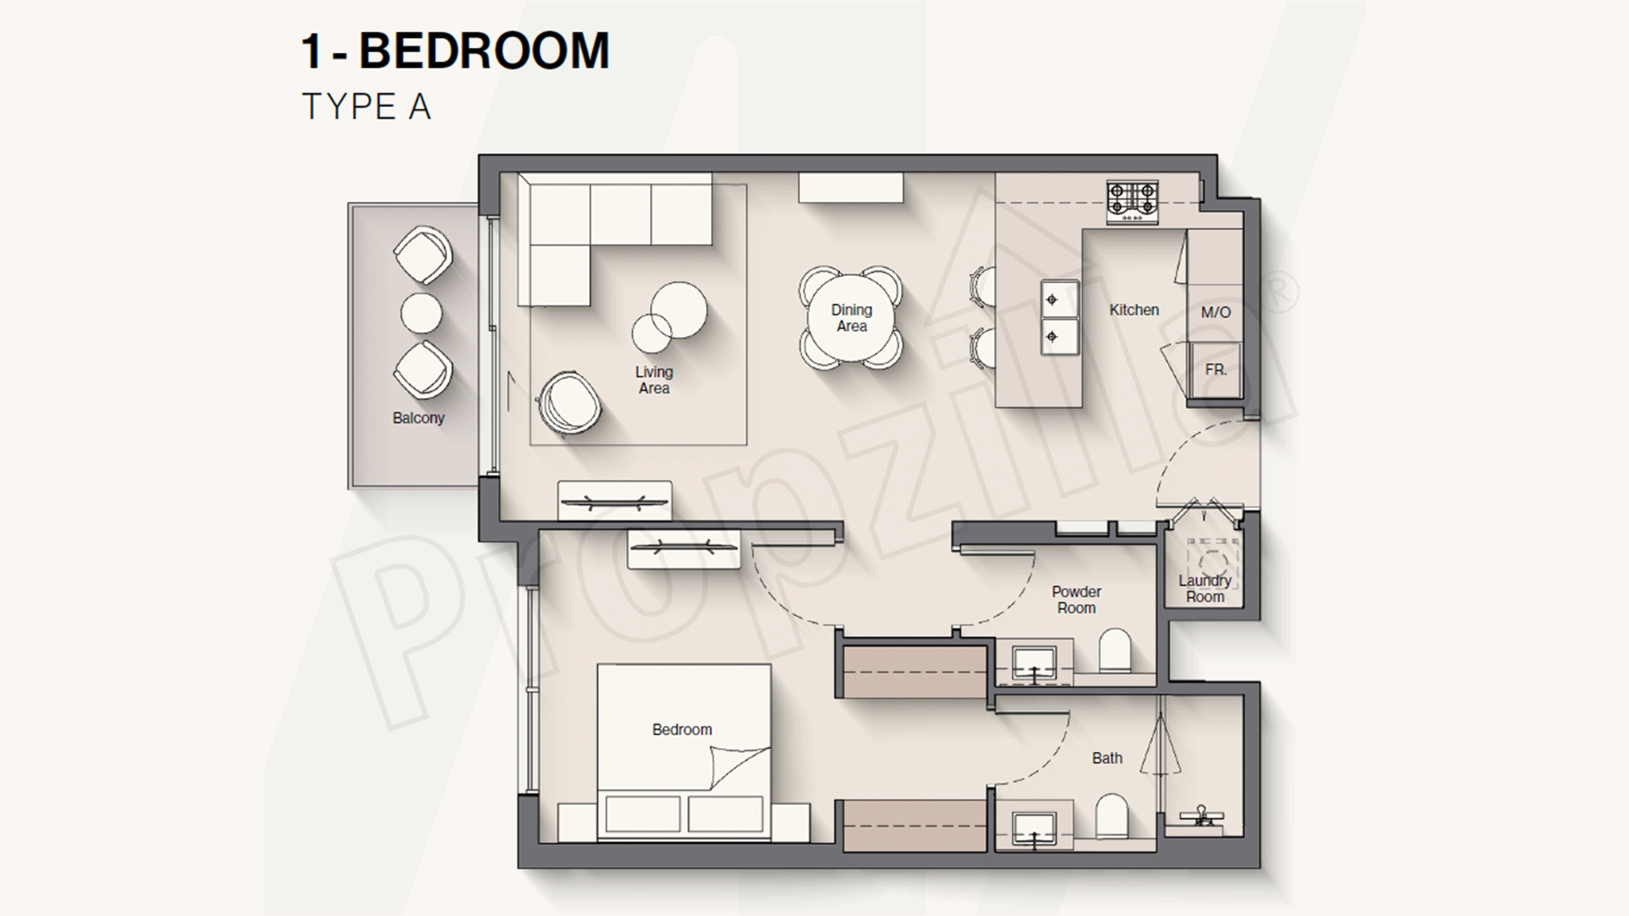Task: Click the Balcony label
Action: [x=418, y=418]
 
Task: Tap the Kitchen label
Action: [x=1134, y=310]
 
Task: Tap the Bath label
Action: [x=1107, y=758]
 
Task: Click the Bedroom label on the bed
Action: [x=682, y=730]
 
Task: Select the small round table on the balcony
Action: [x=421, y=312]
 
